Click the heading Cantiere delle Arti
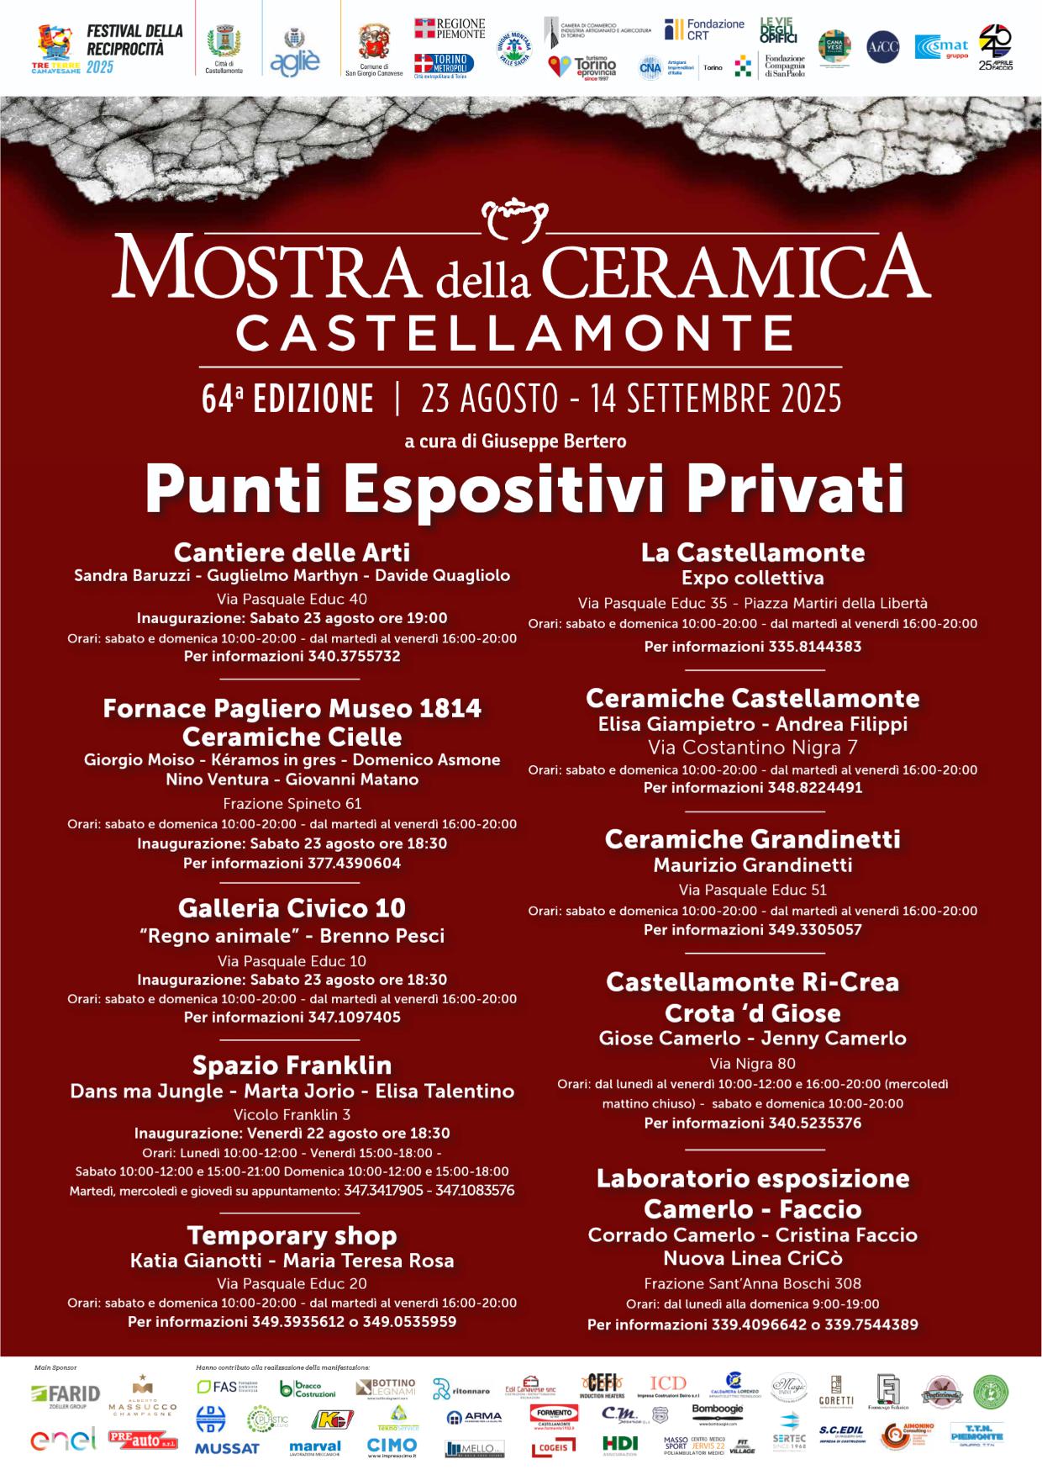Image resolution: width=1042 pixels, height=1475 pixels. (x=292, y=552)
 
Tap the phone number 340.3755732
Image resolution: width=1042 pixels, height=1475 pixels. (x=352, y=656)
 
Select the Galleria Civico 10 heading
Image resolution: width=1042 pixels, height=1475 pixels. (x=292, y=908)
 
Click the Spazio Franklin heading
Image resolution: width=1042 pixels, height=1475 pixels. (x=292, y=1065)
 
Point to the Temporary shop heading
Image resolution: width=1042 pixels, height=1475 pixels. (x=292, y=1235)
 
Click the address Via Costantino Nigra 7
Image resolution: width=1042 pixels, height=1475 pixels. (x=752, y=747)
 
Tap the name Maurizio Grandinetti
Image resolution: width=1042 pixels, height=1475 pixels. (x=752, y=864)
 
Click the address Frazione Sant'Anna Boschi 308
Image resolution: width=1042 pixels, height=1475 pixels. (x=752, y=1283)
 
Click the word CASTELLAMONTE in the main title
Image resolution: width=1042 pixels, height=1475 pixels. (x=515, y=333)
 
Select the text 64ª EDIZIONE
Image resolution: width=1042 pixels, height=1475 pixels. (x=287, y=399)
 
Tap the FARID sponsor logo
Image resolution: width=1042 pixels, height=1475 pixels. (x=66, y=1394)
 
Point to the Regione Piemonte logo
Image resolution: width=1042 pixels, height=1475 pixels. (x=450, y=28)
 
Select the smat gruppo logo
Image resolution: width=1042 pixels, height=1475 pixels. (x=941, y=48)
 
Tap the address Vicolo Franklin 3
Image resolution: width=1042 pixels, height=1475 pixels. (x=292, y=1114)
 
